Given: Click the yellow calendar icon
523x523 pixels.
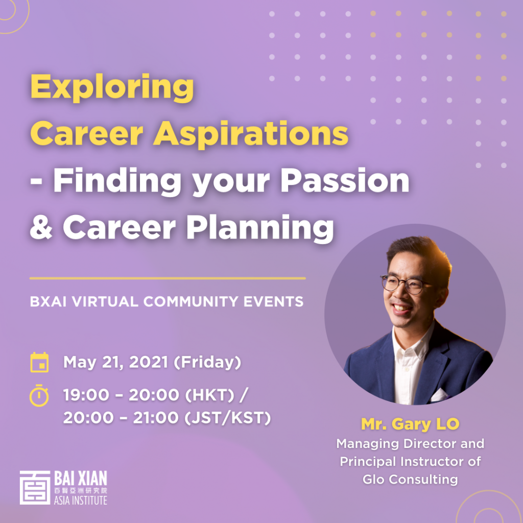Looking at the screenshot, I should [x=39, y=362].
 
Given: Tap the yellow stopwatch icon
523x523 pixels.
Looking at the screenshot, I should [x=39, y=396].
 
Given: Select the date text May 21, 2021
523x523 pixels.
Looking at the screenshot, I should [x=116, y=363].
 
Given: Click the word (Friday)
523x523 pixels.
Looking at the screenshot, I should [x=207, y=363].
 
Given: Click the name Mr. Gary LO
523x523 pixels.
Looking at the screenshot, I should [x=410, y=424].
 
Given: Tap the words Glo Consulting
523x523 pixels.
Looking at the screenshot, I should [x=410, y=479].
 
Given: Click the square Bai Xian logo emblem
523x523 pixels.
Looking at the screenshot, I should [x=35, y=488].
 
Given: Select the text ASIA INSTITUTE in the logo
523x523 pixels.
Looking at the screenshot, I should [x=80, y=500].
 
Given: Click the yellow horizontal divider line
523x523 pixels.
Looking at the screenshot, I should [x=168, y=278].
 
